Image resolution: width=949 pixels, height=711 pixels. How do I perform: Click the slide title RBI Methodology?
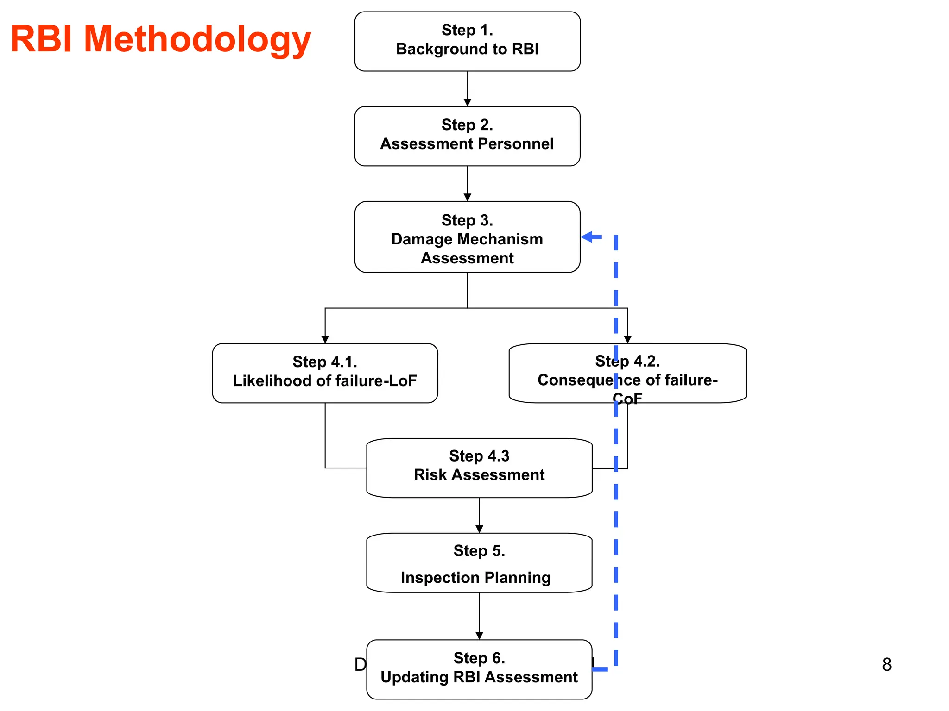160,39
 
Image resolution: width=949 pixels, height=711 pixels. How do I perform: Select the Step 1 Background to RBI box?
467,41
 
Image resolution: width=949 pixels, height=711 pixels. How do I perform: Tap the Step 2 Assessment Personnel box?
467,136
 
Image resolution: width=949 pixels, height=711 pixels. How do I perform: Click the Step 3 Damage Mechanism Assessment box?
467,237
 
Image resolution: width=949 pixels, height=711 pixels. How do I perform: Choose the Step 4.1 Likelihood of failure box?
325,373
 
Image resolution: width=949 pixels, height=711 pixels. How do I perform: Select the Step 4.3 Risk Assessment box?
479,468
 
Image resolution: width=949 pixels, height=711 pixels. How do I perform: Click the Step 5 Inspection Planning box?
479,563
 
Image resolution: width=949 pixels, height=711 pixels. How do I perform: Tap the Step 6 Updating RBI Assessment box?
479,669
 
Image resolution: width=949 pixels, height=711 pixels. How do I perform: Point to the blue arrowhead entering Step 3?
587,237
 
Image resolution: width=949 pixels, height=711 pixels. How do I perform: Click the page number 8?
886,665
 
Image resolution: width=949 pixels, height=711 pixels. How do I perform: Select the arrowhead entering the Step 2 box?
467,103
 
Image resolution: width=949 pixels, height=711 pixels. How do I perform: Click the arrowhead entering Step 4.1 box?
325,339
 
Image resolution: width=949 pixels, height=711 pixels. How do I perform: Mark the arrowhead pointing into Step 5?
479,529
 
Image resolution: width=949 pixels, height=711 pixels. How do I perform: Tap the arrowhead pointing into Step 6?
479,636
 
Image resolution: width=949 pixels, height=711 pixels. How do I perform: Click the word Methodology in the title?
197,39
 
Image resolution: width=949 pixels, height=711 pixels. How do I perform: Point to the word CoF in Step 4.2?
627,399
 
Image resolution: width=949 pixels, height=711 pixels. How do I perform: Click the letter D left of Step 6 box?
360,665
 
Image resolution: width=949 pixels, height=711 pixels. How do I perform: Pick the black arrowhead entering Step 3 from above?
467,198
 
